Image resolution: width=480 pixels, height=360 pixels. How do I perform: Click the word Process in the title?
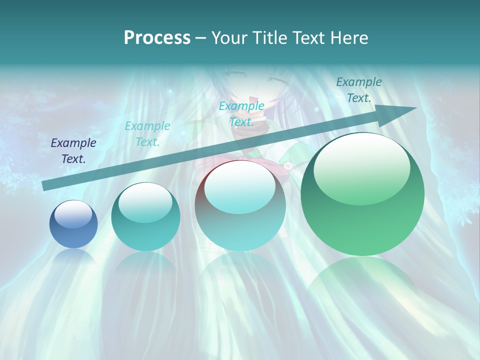pyautogui.click(x=157, y=37)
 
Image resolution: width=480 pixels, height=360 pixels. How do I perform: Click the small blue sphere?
pyautogui.click(x=73, y=224)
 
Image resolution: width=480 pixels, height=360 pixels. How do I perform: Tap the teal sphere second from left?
pyautogui.click(x=145, y=216)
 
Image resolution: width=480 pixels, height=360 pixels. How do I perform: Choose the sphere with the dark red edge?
pyautogui.click(x=240, y=205)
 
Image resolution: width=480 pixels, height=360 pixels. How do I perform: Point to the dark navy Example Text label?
pyautogui.click(x=73, y=151)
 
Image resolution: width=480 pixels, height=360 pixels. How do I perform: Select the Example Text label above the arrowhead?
pyautogui.click(x=359, y=90)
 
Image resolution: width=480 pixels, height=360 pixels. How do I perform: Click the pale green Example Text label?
pyautogui.click(x=147, y=134)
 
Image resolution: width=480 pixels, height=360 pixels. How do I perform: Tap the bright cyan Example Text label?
pyautogui.click(x=241, y=113)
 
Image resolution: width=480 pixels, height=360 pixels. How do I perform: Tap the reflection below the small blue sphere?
pyautogui.click(x=73, y=257)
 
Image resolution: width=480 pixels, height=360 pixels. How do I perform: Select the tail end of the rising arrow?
pyautogui.click(x=46, y=185)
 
